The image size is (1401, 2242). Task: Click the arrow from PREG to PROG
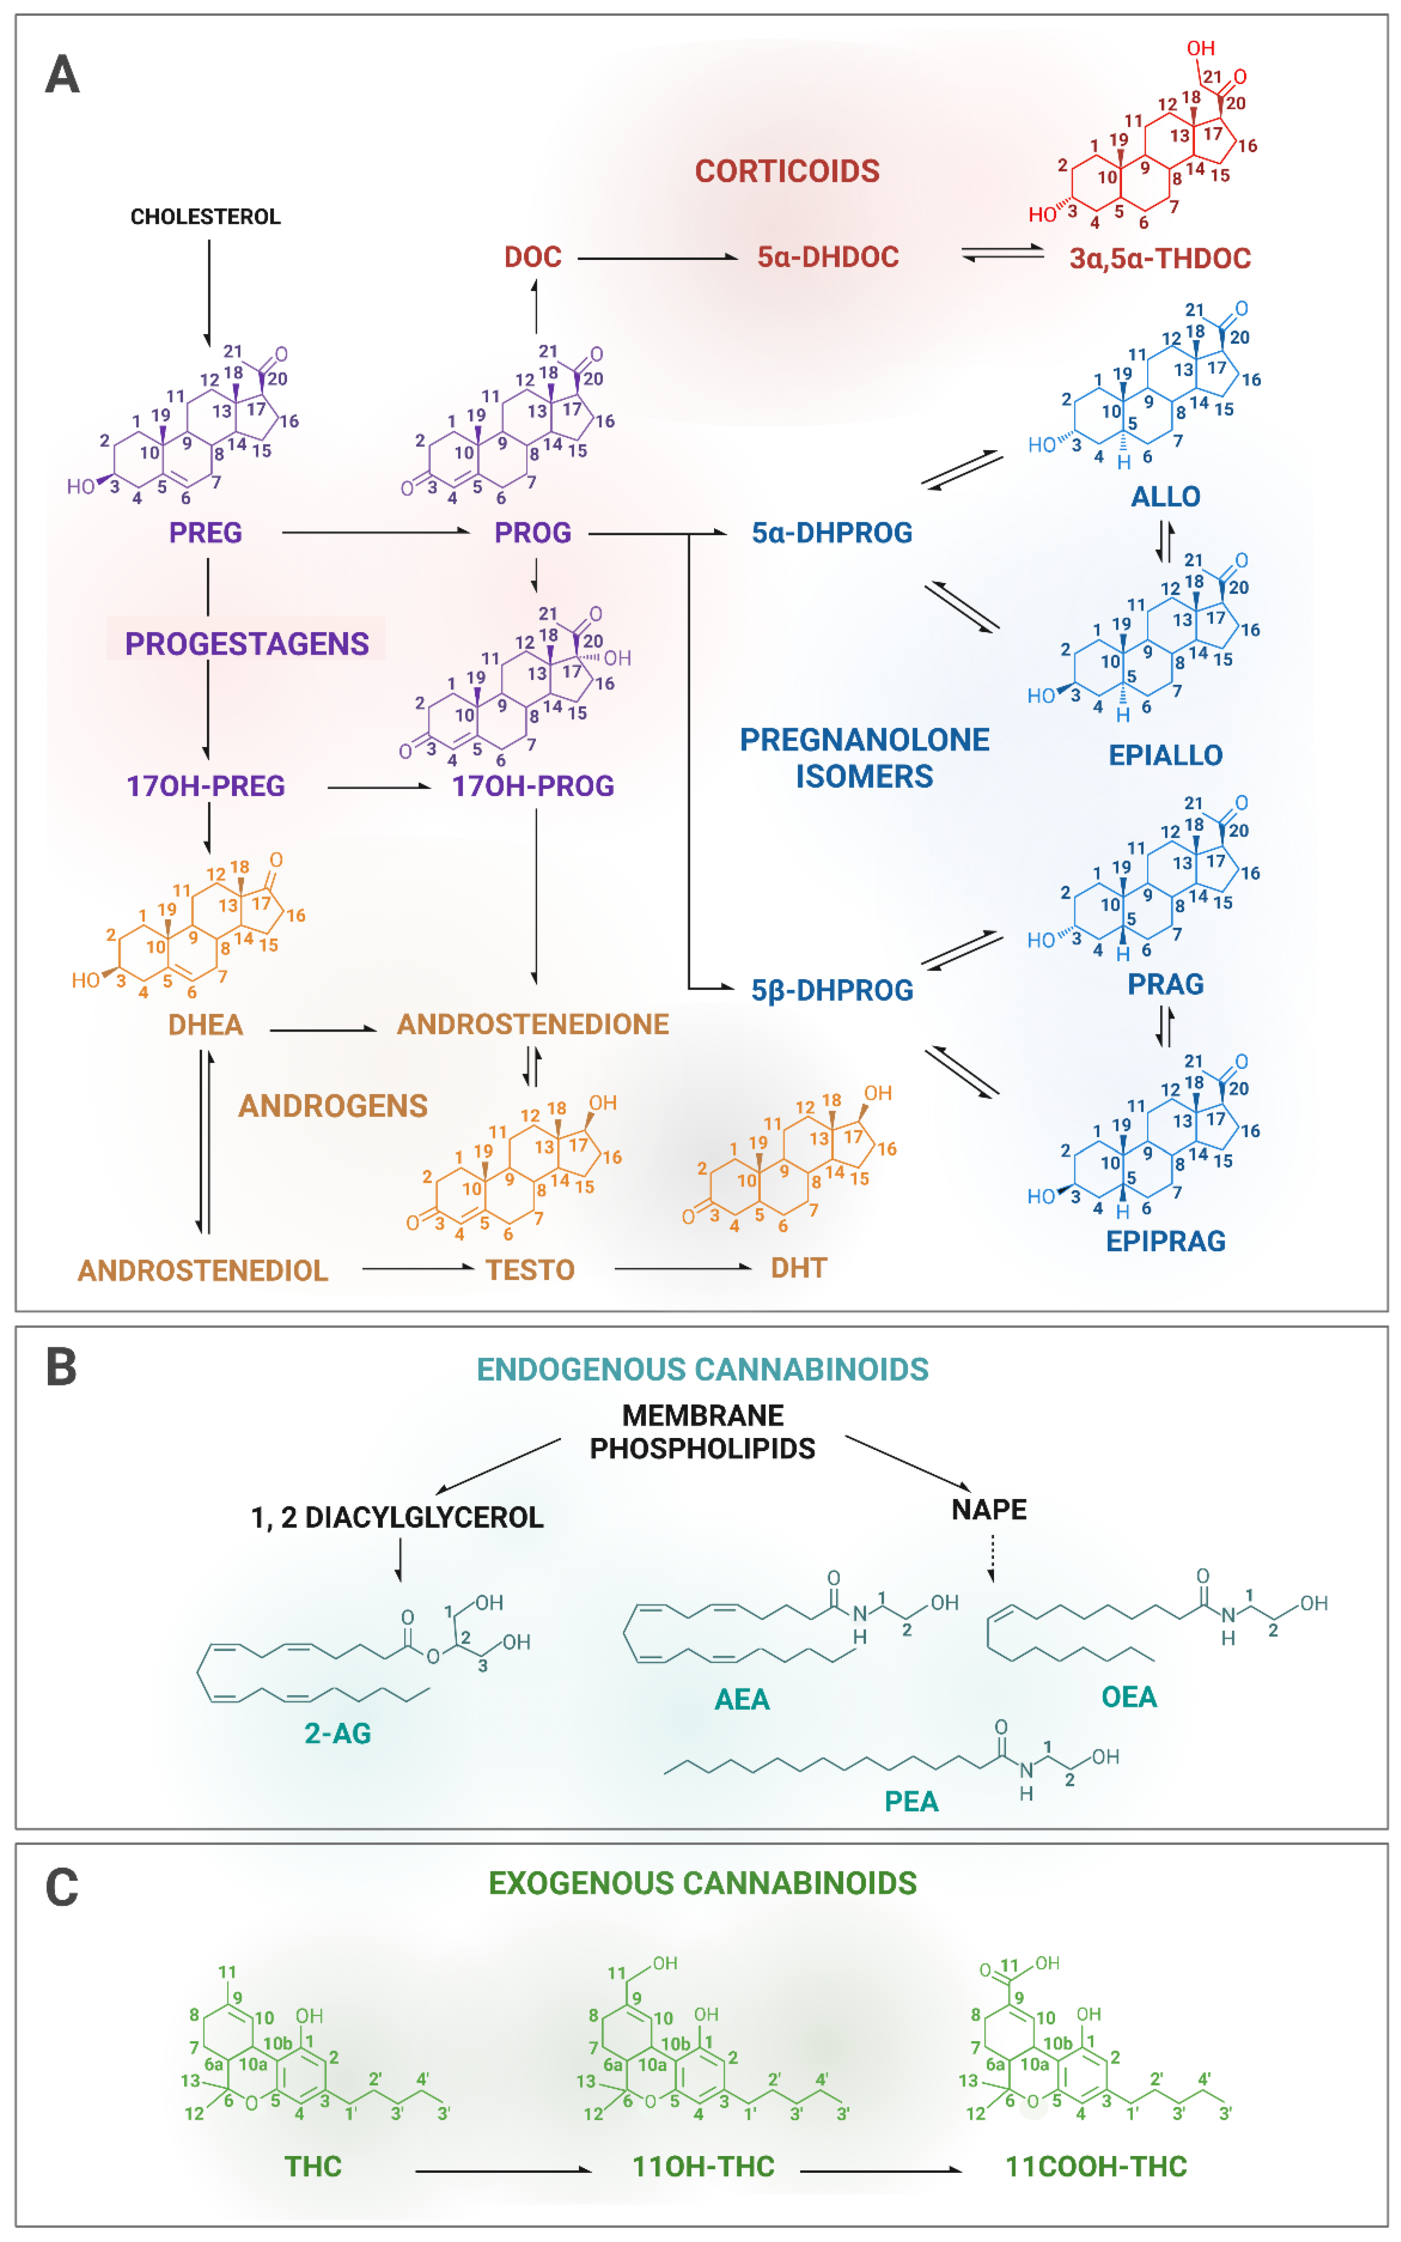tap(375, 533)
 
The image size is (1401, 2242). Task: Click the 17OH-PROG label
tap(533, 786)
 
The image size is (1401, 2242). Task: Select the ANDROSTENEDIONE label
tap(533, 1025)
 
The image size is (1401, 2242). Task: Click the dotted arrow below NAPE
tap(991, 1558)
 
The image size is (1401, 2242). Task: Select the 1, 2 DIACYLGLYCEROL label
tap(396, 1517)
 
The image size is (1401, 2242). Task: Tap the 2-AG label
tap(337, 1733)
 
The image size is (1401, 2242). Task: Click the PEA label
tap(911, 1802)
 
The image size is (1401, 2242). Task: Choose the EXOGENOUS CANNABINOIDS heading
tap(702, 1883)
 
